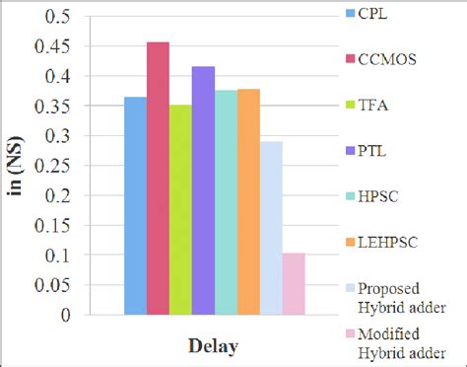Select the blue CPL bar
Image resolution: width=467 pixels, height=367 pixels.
pos(135,206)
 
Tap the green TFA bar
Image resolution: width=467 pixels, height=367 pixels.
pos(180,210)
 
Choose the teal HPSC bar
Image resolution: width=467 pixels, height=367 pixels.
pos(226,202)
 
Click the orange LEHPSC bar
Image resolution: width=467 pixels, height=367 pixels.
pos(248,201)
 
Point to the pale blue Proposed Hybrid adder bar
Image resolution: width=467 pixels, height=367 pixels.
pos(271,228)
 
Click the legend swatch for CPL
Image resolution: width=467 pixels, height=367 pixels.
pos(351,15)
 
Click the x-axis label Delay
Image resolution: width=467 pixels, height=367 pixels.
pos(214,346)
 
